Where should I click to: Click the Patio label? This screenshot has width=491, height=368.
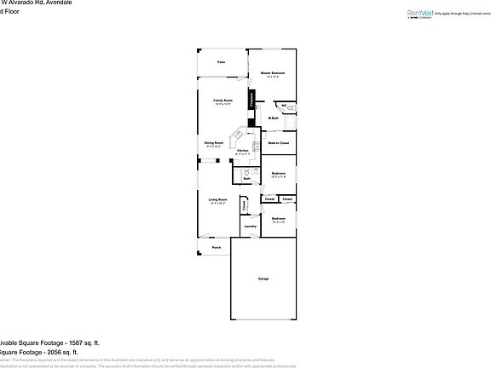[221, 63]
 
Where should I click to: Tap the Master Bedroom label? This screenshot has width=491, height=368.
[273, 73]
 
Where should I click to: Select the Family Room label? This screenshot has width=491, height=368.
[223, 101]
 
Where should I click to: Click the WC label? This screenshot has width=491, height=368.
[284, 106]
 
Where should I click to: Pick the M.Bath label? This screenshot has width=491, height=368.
[274, 118]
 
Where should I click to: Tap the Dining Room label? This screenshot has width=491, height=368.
[214, 142]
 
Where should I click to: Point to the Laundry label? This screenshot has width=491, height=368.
[251, 226]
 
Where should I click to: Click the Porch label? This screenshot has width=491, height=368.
[217, 248]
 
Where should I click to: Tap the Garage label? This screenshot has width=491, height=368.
[264, 279]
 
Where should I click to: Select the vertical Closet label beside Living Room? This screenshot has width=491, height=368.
[245, 204]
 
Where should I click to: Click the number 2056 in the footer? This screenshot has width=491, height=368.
[39, 351]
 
